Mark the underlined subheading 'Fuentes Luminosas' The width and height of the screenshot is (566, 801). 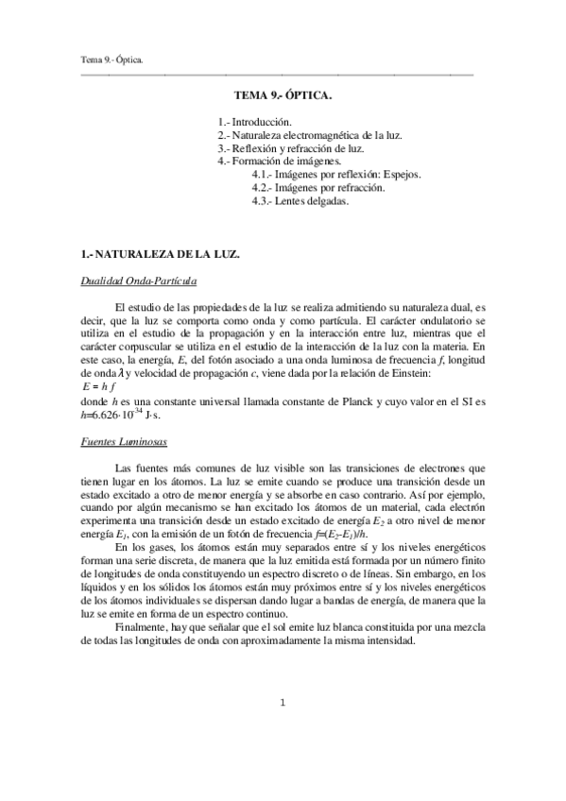(122, 439)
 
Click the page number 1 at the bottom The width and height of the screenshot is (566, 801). (283, 703)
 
